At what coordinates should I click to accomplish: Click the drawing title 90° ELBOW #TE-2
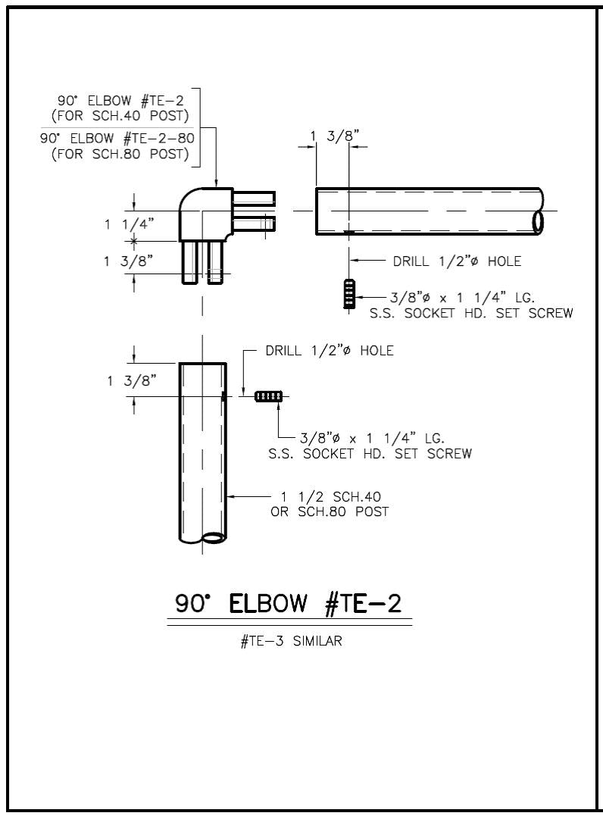(x=289, y=604)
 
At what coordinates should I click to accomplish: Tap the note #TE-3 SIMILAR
(x=291, y=641)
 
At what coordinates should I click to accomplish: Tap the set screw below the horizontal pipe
(x=348, y=294)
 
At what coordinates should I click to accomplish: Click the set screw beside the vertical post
(x=268, y=395)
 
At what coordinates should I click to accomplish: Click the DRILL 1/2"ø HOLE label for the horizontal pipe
(x=457, y=261)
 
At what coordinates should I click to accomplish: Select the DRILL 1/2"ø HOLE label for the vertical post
(x=330, y=351)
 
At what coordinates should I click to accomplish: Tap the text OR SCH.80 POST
(x=330, y=511)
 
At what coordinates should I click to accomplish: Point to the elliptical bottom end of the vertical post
(x=214, y=538)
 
